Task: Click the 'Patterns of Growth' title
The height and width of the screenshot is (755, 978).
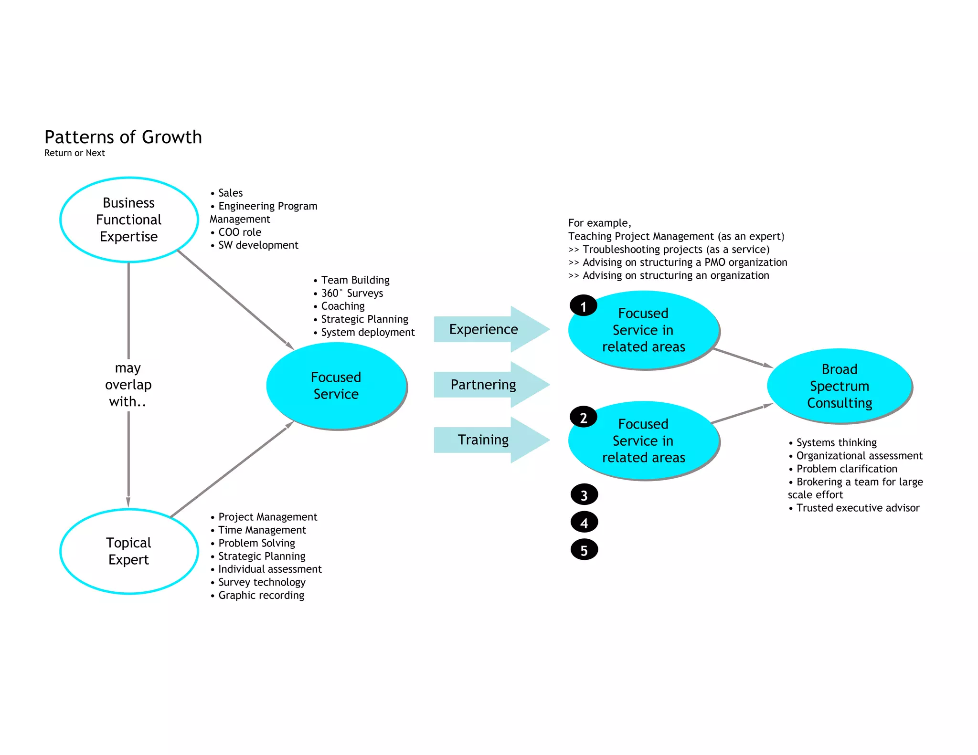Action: click(123, 137)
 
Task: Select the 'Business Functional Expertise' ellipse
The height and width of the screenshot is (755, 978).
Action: click(129, 220)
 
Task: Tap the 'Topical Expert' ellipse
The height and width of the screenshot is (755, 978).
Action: click(129, 551)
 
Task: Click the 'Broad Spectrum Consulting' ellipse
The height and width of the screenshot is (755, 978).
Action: click(840, 386)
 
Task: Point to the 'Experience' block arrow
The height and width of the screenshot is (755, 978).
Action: click(484, 329)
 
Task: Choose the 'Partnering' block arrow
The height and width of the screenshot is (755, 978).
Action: click(484, 385)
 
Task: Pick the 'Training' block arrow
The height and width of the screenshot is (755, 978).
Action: click(484, 440)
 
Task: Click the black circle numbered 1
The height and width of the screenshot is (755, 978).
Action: click(583, 306)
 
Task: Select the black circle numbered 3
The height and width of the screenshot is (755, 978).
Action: click(584, 495)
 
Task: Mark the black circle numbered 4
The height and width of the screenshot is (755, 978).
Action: click(584, 523)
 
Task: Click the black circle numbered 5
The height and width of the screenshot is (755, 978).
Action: click(584, 550)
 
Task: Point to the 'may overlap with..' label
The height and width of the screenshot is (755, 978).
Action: click(128, 385)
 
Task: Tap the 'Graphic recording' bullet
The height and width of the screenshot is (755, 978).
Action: click(261, 596)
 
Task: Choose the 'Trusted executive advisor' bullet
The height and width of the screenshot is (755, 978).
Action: click(858, 508)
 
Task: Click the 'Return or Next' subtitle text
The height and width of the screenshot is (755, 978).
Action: click(74, 153)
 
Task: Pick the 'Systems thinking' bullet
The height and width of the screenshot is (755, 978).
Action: click(836, 442)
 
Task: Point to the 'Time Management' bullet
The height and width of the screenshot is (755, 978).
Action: click(262, 530)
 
